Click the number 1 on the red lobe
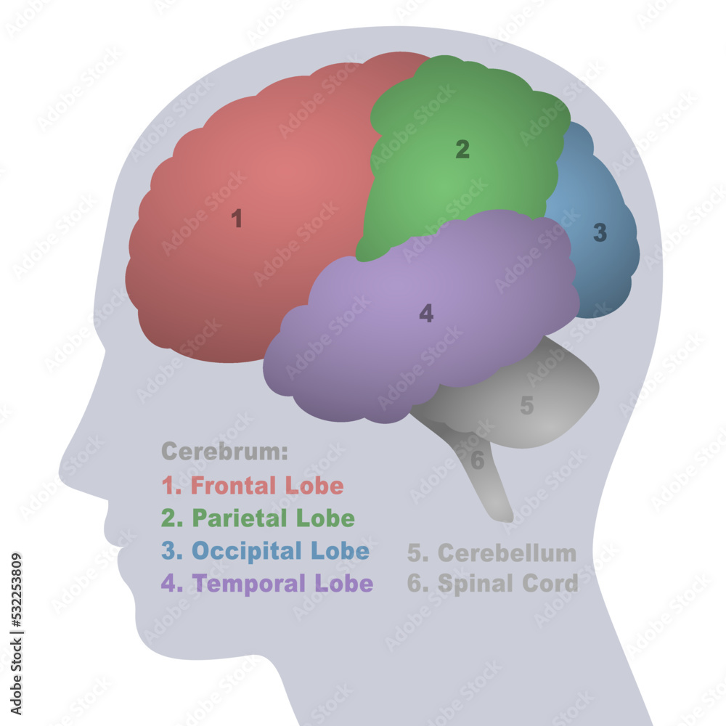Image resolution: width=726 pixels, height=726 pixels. (x=237, y=219)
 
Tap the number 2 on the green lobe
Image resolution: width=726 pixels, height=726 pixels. (x=462, y=150)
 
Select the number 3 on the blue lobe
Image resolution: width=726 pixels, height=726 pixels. (x=600, y=233)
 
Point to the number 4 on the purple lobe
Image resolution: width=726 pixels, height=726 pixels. (x=426, y=314)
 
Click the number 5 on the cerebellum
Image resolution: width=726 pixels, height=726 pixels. (x=527, y=406)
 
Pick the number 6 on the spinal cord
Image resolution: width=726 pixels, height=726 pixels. (x=477, y=460)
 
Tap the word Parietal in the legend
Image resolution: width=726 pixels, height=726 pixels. (x=238, y=518)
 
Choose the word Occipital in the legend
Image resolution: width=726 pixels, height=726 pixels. (x=246, y=551)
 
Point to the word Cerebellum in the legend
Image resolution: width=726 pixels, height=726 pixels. (x=507, y=553)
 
